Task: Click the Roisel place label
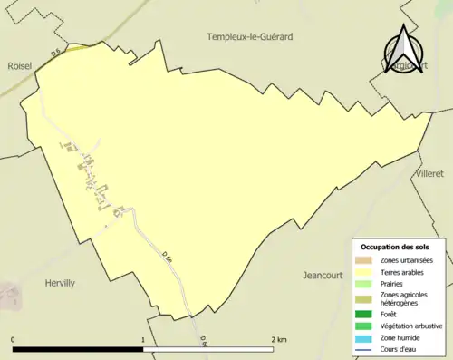19,66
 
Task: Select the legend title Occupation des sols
395,247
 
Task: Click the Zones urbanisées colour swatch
363,260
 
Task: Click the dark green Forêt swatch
363,314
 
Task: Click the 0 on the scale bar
14,339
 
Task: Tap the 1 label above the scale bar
143,339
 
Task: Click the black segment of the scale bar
78,348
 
